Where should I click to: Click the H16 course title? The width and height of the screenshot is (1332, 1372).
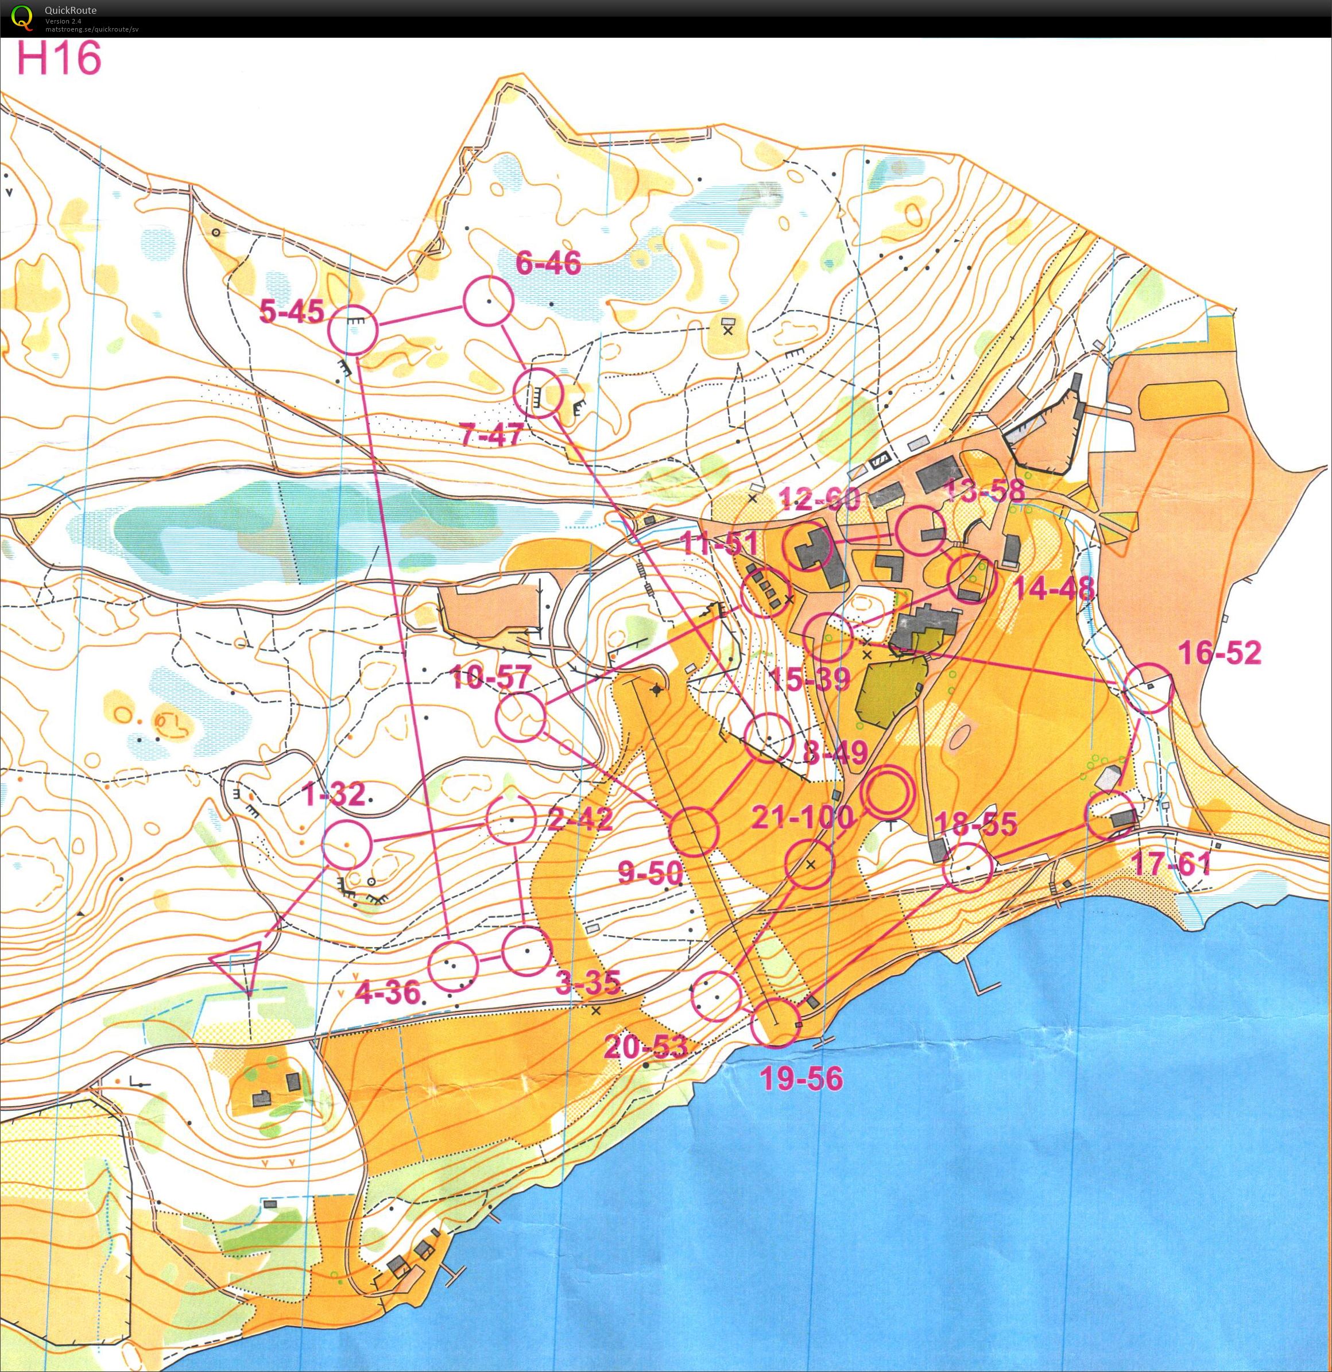coord(59,58)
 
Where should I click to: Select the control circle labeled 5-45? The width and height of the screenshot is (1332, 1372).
coord(353,329)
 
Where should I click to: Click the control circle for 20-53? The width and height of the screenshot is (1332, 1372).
coord(716,996)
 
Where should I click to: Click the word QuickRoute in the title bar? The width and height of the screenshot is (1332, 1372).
coord(70,10)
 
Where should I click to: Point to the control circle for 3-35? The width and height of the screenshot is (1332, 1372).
coord(526,951)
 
